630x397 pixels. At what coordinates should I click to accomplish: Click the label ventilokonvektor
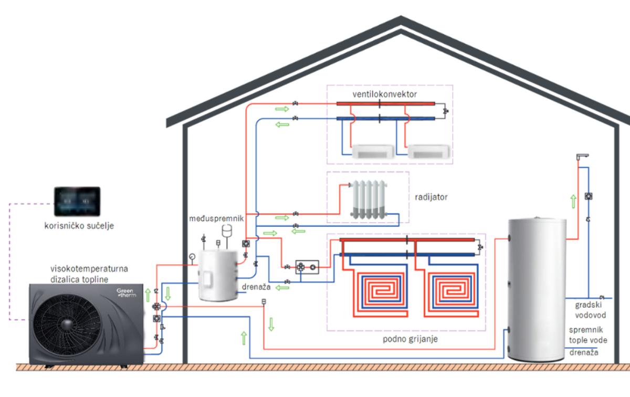click(x=384, y=94)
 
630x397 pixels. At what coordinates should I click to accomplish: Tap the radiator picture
click(x=369, y=200)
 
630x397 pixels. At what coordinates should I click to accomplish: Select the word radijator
click(x=431, y=197)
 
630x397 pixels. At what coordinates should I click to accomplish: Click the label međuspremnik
click(x=216, y=218)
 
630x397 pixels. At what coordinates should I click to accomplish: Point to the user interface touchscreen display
click(x=77, y=202)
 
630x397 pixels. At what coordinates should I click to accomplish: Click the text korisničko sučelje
click(x=79, y=226)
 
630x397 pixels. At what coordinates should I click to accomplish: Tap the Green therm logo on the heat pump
click(x=127, y=292)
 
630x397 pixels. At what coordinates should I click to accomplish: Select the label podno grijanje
click(x=410, y=339)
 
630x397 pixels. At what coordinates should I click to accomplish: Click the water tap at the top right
click(x=582, y=156)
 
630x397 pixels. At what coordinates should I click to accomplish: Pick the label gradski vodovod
click(x=590, y=310)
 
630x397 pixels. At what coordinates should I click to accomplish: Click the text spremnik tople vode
click(x=588, y=335)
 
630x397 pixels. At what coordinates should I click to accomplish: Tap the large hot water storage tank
click(x=537, y=289)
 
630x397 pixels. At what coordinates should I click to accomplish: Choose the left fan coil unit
click(x=373, y=152)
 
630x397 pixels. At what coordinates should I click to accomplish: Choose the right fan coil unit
click(x=428, y=152)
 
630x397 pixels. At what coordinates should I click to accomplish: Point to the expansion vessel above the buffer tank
click(x=227, y=231)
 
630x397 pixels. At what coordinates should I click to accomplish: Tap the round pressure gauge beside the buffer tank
click(x=192, y=257)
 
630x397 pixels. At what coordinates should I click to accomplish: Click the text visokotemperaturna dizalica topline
click(x=89, y=274)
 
